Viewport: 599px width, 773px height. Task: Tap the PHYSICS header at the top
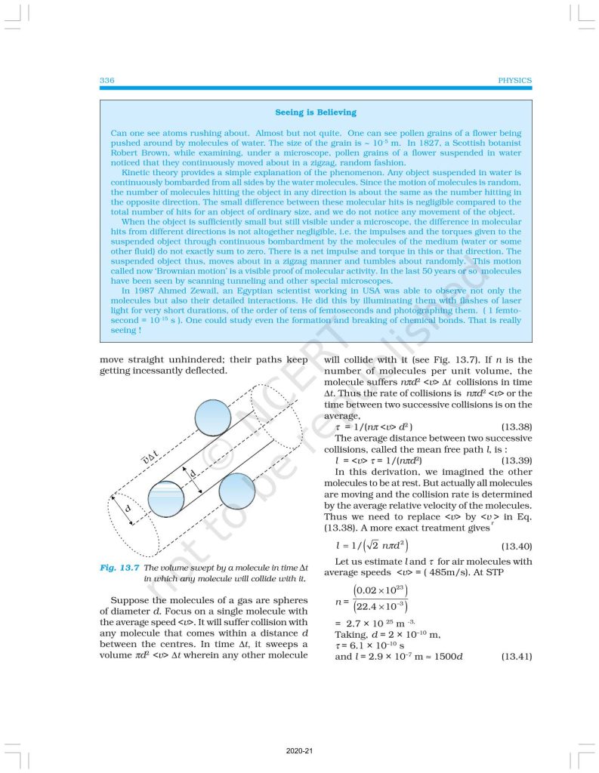[516, 80]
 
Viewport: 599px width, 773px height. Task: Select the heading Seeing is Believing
[316, 112]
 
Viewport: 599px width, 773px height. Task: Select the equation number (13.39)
[517, 459]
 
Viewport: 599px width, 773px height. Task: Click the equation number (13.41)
[517, 656]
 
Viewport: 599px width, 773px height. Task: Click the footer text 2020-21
[300, 752]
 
